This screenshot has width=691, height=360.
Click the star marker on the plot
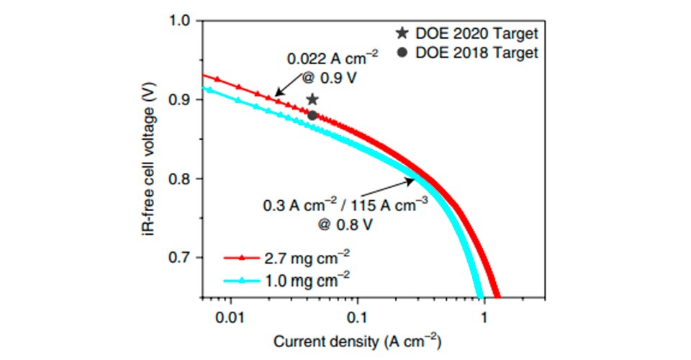tap(312, 99)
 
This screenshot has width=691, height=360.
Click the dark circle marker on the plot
tap(312, 115)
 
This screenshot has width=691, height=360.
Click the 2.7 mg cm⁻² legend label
tap(302, 256)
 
